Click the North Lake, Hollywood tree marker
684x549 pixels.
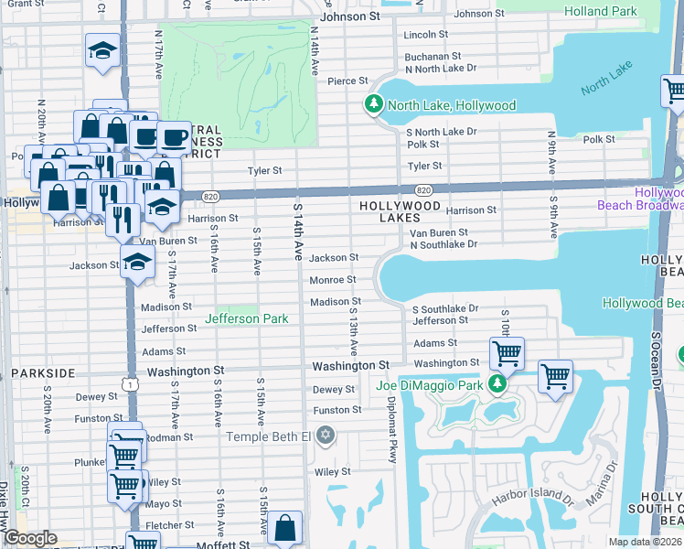pos(373,105)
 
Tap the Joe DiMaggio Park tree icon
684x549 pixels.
pos(497,385)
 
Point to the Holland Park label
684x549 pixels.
pos(626,12)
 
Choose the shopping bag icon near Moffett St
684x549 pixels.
pos(286,527)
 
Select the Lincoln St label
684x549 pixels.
pos(426,35)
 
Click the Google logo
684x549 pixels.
pos(30,538)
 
